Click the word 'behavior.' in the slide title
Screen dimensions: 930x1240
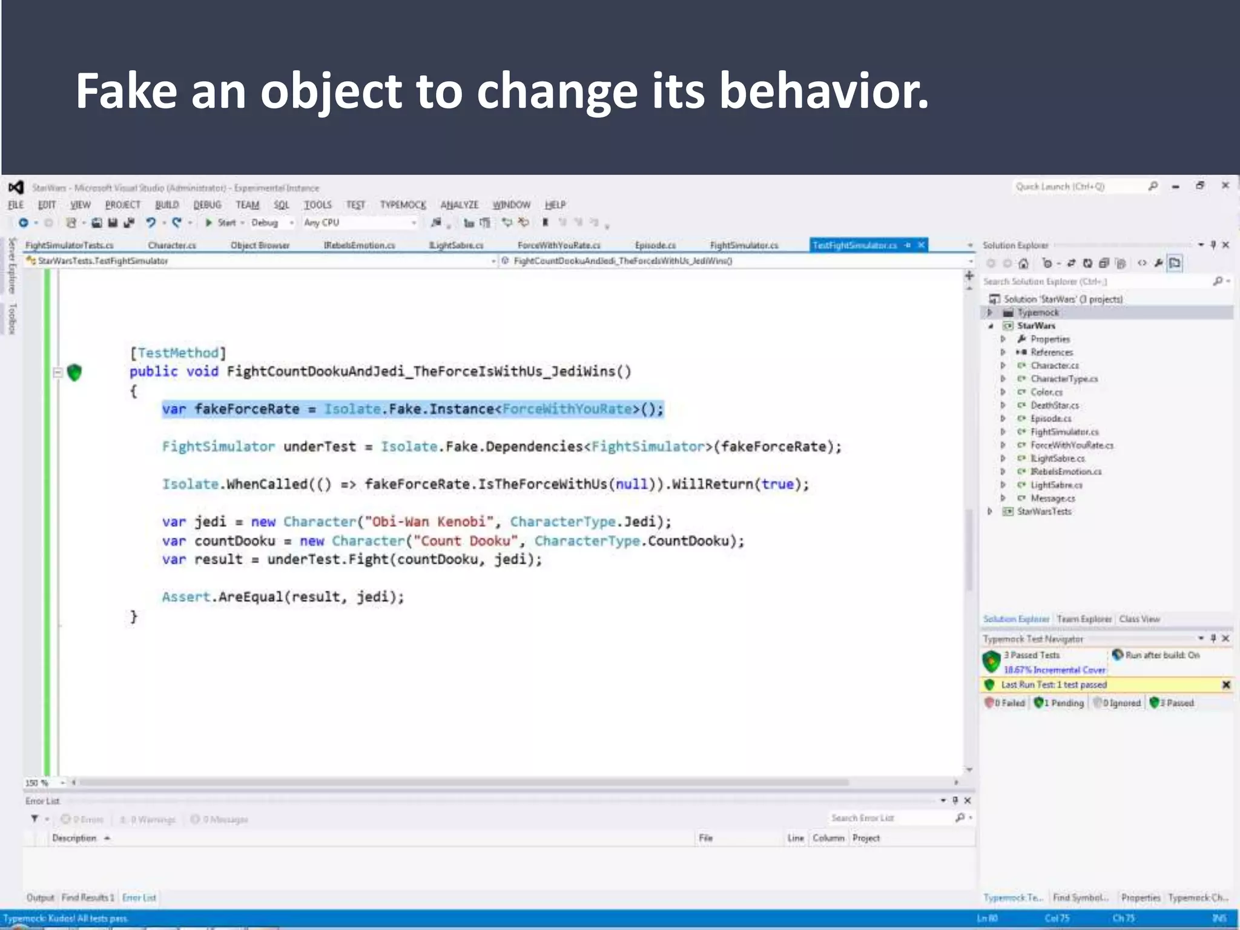click(823, 92)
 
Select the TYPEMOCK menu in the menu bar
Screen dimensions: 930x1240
click(403, 205)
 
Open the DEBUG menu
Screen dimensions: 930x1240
click(207, 205)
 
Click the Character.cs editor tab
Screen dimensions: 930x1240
click(172, 245)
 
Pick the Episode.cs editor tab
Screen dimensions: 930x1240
click(655, 245)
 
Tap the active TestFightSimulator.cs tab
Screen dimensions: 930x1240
click(854, 245)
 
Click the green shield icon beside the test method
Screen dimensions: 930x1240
click(74, 372)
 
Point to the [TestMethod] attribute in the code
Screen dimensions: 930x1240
click(178, 353)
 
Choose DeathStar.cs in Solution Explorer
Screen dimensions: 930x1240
click(1055, 406)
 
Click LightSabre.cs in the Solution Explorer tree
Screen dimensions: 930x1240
click(1057, 485)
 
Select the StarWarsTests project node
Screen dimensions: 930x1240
click(1044, 512)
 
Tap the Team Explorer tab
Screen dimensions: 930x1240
click(1084, 619)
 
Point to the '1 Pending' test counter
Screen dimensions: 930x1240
click(1060, 703)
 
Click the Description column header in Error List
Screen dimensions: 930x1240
click(74, 838)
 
